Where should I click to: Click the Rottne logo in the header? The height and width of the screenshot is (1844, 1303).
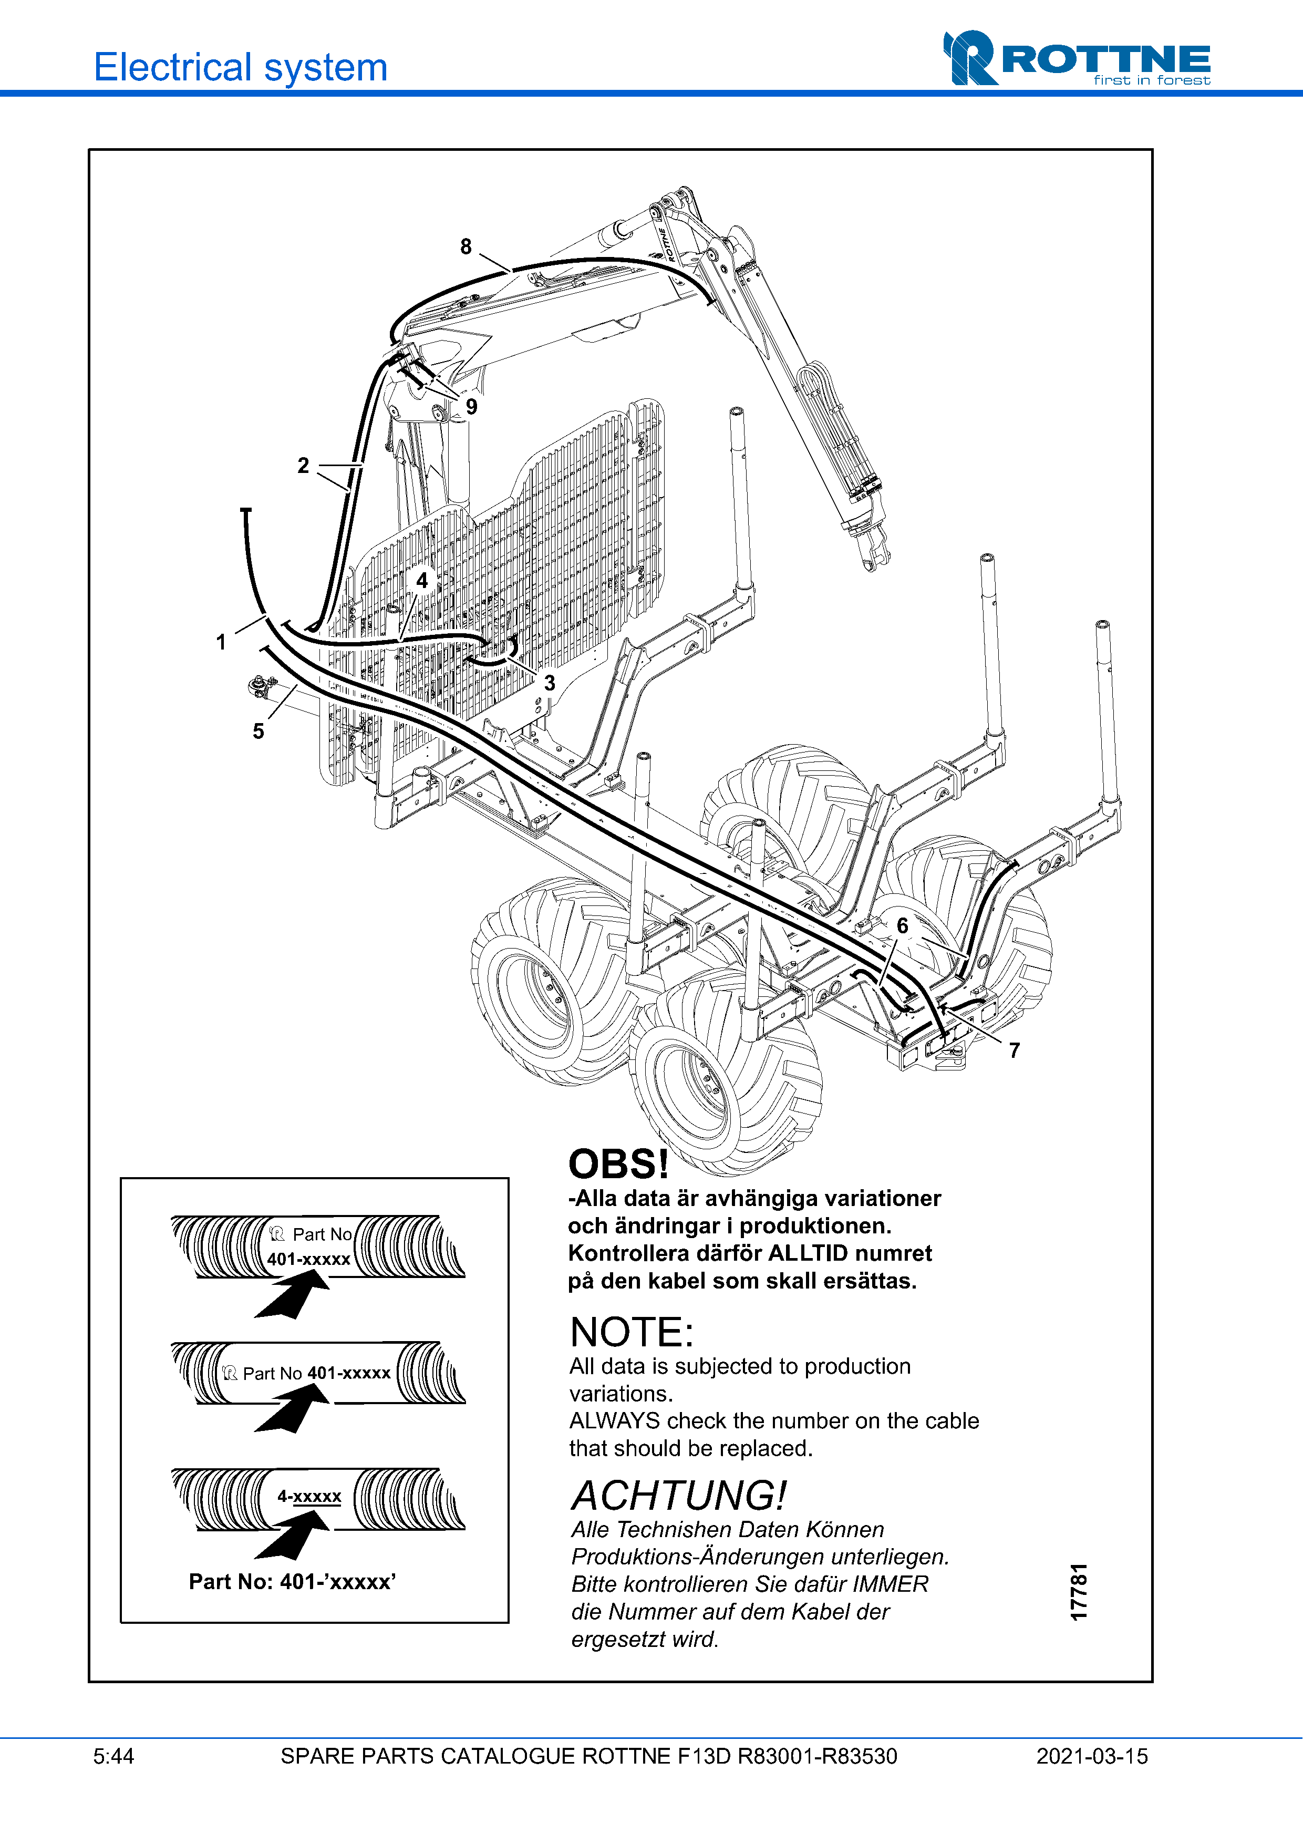coord(1076,59)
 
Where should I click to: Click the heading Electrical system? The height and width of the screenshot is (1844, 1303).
coord(241,67)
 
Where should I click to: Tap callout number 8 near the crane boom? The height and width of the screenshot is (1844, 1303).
coord(466,246)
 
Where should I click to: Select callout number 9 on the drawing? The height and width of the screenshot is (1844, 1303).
coord(471,406)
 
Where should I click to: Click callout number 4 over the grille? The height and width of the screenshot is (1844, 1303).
coord(422,580)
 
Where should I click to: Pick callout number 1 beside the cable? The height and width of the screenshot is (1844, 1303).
coord(221,642)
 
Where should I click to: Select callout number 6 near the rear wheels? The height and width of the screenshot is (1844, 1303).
coord(903,925)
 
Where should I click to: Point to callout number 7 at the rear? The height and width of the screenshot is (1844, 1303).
coord(1014,1050)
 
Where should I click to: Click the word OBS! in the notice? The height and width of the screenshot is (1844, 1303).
coord(618,1164)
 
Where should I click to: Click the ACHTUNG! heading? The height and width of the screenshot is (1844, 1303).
coord(678,1496)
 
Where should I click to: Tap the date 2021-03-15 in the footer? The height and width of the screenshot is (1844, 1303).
coord(1092,1756)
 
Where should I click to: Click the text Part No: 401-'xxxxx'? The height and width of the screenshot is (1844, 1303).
coord(292,1581)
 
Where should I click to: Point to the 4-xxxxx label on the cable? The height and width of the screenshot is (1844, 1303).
coord(309,1496)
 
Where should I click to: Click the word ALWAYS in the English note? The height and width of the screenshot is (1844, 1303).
coord(614,1421)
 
